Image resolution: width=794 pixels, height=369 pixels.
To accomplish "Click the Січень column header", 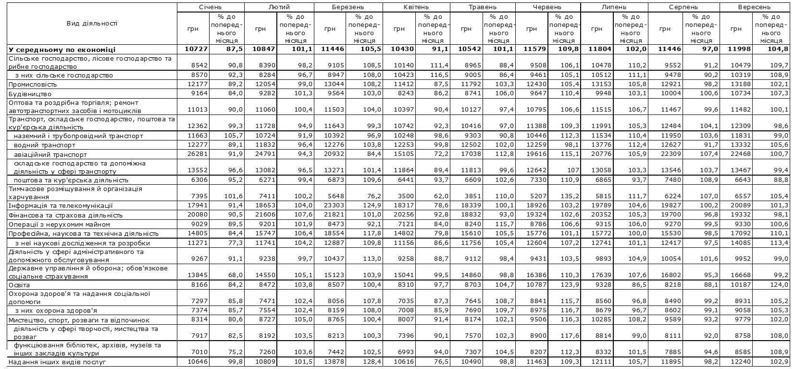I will point(210,7).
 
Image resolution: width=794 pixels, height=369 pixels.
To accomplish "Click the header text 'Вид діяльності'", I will point(91,23).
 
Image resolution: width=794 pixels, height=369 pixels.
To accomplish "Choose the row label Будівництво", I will point(29,94).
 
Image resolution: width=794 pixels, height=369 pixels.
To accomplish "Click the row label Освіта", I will point(19,285).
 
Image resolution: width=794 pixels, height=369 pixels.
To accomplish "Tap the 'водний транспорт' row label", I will point(43,145).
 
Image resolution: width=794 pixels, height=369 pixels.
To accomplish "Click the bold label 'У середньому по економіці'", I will point(61,50).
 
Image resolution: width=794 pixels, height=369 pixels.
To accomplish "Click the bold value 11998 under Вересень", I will point(736,50).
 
